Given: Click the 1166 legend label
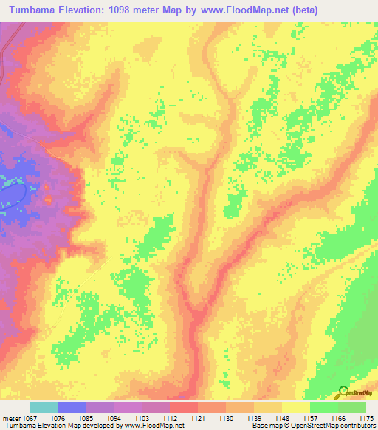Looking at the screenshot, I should point(337,417).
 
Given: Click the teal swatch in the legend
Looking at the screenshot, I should point(44,407).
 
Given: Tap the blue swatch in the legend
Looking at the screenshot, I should point(72,407).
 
